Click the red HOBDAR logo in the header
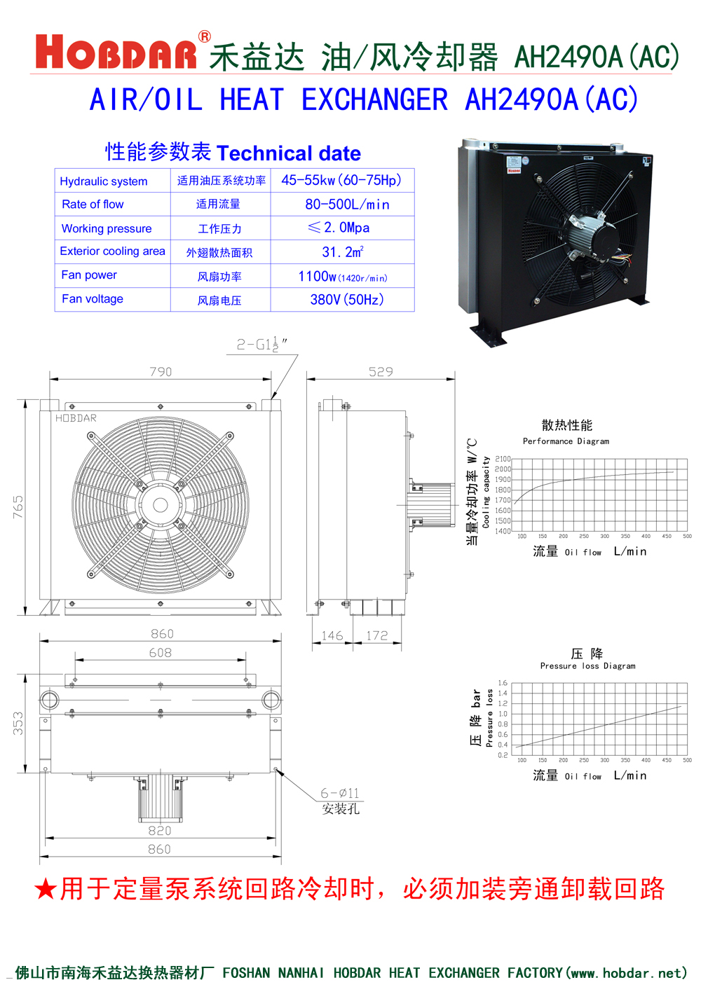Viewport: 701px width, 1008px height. point(116,53)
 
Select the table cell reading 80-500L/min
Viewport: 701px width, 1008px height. point(347,205)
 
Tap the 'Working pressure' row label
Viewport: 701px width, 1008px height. point(107,228)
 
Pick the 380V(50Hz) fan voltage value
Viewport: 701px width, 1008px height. point(347,300)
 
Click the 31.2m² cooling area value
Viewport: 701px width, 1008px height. point(342,252)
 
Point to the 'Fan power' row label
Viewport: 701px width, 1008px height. point(89,275)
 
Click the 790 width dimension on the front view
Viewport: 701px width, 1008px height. point(161,372)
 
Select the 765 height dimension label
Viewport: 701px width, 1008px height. point(18,507)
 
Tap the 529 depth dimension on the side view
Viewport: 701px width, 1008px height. point(381,372)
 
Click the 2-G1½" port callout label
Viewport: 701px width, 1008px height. point(261,345)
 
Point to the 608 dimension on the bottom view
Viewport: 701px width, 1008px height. point(160,653)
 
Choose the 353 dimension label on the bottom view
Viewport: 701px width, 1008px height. point(18,724)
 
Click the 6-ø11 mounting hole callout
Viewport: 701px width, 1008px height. point(340,793)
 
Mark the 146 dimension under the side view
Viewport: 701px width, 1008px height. point(332,635)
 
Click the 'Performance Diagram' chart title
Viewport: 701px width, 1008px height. point(566,441)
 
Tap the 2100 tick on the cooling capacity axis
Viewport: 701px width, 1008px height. point(503,459)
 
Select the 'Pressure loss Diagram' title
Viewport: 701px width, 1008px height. point(587,666)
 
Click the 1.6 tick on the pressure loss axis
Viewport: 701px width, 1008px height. point(503,683)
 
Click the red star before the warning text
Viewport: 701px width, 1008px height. point(45,890)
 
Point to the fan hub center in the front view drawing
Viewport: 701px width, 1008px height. point(161,505)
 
